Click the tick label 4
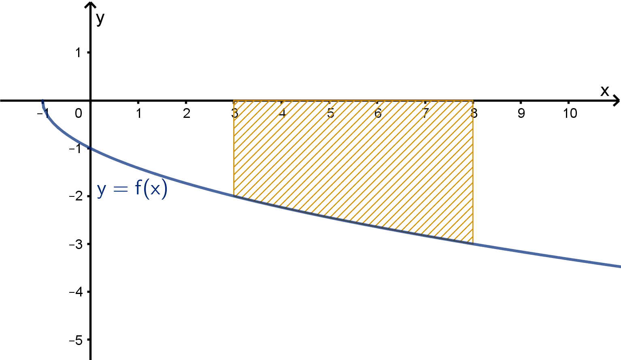[x=283, y=113]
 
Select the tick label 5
[x=330, y=113]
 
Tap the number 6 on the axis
[x=378, y=113]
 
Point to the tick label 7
[x=425, y=113]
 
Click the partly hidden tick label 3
[x=236, y=113]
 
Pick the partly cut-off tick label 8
[x=472, y=113]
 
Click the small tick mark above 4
[x=282, y=102]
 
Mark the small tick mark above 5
[x=330, y=102]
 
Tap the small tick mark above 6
[x=377, y=102]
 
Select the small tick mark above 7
[x=425, y=102]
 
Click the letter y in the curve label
[x=102, y=189]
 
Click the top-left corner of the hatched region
[x=234, y=101]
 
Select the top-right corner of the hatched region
[x=473, y=101]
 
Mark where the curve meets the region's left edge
[x=234, y=196]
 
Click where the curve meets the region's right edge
[x=473, y=243]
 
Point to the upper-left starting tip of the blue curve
[x=43, y=100]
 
